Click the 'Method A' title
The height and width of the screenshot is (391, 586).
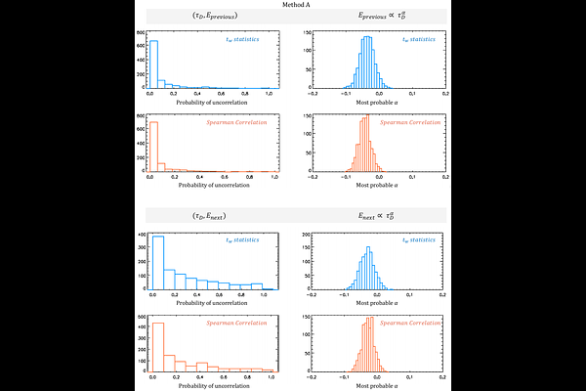292,6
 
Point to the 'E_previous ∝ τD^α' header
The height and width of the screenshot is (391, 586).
374,17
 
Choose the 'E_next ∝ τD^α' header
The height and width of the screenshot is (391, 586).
374,214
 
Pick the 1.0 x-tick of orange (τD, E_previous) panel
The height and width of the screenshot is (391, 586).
273,177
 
